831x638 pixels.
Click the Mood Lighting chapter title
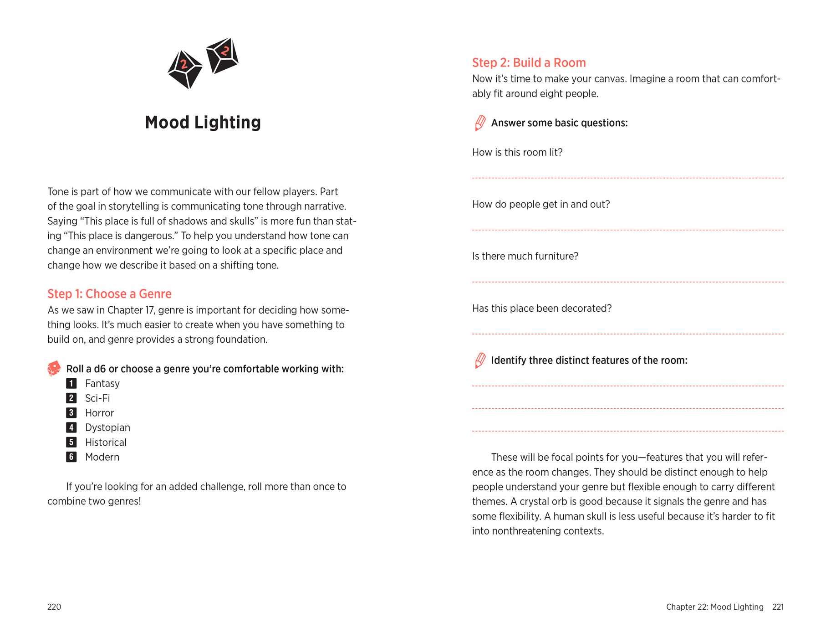click(203, 123)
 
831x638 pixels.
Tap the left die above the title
click(184, 69)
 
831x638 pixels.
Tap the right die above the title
click(222, 56)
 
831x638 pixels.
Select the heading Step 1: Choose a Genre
click(109, 294)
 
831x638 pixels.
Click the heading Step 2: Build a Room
click(529, 63)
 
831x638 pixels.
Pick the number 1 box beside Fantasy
click(71, 383)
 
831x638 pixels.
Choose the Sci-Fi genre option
click(97, 398)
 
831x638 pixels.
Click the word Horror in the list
click(99, 413)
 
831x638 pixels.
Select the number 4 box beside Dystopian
click(71, 427)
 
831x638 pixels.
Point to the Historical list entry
click(106, 442)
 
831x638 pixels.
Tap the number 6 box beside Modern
click(71, 457)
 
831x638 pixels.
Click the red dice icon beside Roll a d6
click(54, 368)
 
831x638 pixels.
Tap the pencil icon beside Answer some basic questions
click(480, 123)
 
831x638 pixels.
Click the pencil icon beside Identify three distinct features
click(480, 360)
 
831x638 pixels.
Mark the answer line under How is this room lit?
click(627, 177)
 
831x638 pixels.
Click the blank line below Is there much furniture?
click(627, 282)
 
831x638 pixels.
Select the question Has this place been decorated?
click(542, 309)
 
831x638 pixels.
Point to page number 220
click(54, 607)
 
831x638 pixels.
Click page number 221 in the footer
click(778, 607)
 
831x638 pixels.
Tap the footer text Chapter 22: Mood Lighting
click(714, 607)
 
